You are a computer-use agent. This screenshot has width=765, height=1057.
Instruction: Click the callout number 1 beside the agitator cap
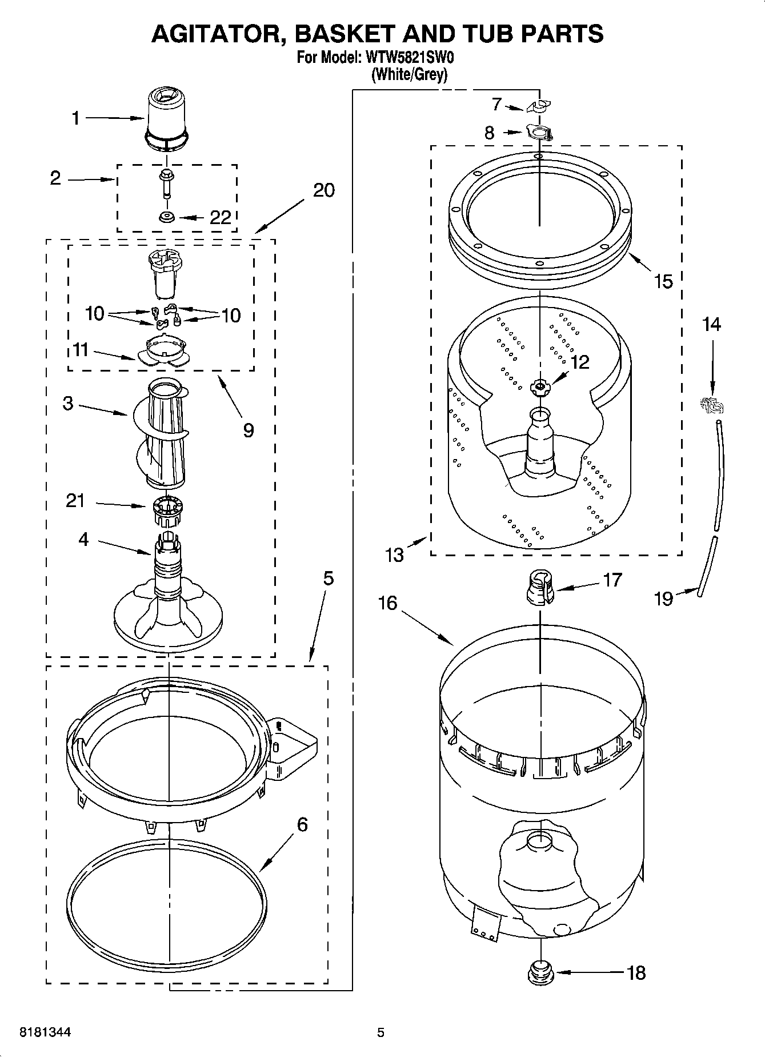(75, 118)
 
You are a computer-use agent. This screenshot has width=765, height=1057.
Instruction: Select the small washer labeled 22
(167, 218)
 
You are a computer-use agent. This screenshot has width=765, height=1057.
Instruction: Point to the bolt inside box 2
(166, 182)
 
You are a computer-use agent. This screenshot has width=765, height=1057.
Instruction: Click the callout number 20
(324, 190)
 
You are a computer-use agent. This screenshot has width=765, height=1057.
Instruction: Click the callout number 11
(81, 349)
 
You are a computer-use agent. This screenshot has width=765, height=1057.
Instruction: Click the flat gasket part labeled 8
(539, 133)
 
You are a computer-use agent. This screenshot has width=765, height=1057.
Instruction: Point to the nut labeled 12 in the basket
(538, 388)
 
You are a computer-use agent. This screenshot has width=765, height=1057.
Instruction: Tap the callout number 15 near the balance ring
(663, 281)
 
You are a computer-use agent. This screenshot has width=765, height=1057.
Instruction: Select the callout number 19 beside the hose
(663, 599)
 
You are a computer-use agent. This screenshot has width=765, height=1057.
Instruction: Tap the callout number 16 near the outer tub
(387, 603)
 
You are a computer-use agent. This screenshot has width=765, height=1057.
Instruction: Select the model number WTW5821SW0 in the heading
(410, 58)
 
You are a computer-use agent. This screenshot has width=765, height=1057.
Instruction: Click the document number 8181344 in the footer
(45, 1032)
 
